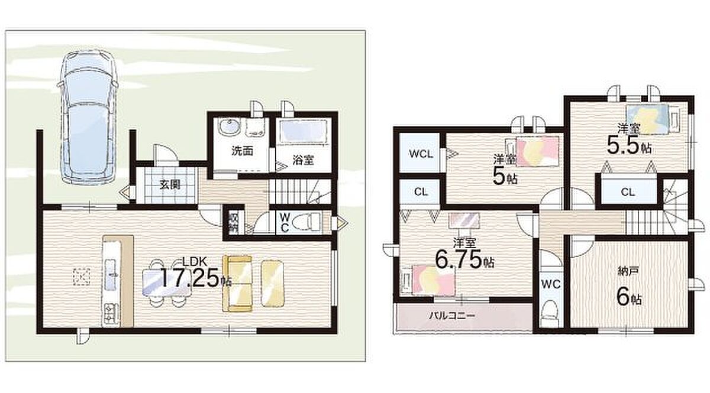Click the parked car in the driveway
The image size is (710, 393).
click(x=88, y=116)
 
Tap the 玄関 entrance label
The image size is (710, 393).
click(x=170, y=184)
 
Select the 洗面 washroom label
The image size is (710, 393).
click(x=242, y=151)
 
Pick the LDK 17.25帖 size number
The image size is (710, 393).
click(x=191, y=277)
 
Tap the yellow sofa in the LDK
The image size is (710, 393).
click(x=237, y=284)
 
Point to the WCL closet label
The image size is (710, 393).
click(x=421, y=154)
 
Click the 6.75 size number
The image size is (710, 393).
click(x=459, y=259)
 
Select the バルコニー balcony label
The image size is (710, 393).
click(x=452, y=316)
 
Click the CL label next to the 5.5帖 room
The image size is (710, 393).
click(x=628, y=192)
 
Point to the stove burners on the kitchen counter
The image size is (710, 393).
click(x=111, y=311)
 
